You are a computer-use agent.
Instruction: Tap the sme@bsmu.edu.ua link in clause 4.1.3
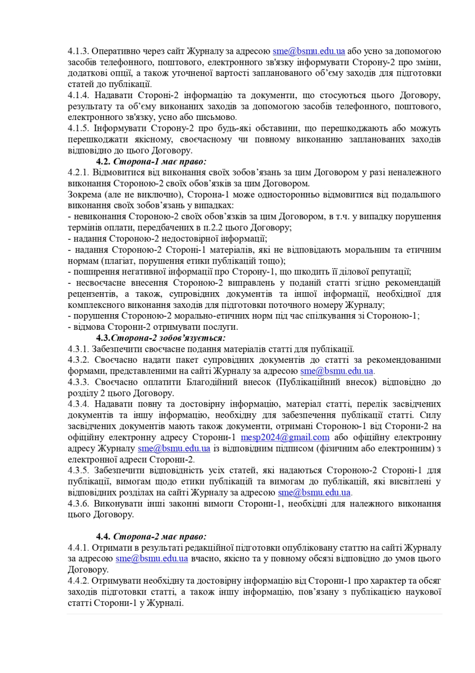[x=309, y=50]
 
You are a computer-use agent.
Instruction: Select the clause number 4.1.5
[x=78, y=128]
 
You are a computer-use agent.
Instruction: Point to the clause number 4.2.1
[x=78, y=172]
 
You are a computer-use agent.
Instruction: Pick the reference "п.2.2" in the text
[x=224, y=228]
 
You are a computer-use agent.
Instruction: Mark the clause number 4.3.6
[x=78, y=503]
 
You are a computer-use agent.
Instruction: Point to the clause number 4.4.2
[x=78, y=580]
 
